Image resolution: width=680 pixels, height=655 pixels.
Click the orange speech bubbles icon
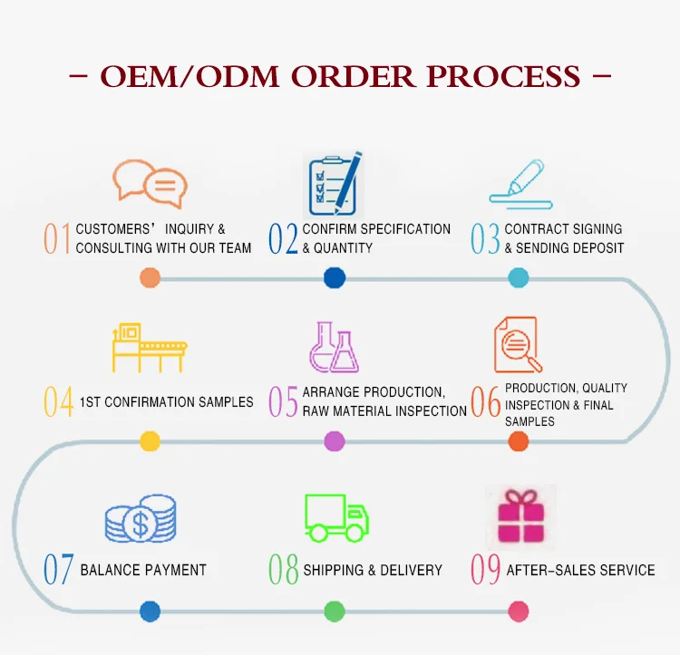(150, 184)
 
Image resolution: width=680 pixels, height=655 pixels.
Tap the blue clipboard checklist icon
(334, 184)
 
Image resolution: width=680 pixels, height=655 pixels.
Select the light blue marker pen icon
(520, 184)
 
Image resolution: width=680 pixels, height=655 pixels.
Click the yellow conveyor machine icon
(150, 347)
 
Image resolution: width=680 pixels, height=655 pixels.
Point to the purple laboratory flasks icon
(334, 347)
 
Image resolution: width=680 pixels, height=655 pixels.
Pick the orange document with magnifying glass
(518, 345)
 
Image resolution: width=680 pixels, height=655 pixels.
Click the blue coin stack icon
(141, 518)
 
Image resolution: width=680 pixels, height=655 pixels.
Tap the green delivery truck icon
(336, 518)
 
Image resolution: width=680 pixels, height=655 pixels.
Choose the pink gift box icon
(520, 516)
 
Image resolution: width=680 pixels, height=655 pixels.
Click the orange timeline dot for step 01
(150, 278)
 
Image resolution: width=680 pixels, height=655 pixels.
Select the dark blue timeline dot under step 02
(335, 278)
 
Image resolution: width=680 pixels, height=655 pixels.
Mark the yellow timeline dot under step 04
(150, 441)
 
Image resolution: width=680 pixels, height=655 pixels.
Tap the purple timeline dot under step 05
(335, 441)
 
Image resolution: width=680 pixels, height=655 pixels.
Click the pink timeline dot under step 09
(519, 612)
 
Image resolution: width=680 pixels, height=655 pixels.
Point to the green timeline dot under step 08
(335, 612)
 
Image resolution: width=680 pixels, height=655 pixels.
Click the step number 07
(59, 569)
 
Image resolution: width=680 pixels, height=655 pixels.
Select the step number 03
(485, 238)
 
